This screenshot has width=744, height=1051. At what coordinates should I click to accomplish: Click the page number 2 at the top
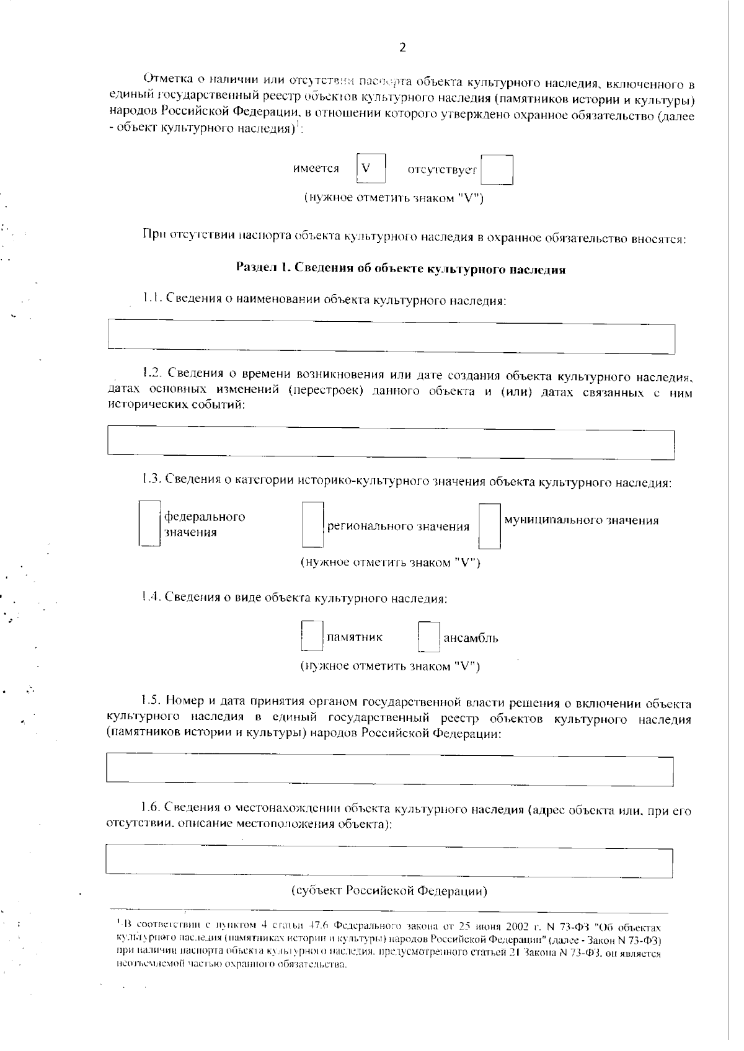click(402, 48)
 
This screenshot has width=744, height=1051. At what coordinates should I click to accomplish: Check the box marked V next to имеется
click(371, 169)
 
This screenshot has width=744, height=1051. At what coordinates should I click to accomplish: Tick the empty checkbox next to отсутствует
click(497, 170)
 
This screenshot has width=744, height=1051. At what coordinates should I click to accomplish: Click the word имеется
click(316, 169)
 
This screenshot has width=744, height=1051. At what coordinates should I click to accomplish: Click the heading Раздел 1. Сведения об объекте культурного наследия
click(401, 269)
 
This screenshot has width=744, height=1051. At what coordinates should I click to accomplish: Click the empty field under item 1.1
click(391, 337)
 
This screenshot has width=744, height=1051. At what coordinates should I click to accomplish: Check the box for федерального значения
click(149, 524)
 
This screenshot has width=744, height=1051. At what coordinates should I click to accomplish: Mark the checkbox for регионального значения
click(312, 525)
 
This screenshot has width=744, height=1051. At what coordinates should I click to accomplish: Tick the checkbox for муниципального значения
click(490, 526)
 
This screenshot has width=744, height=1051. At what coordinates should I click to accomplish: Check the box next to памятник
click(312, 637)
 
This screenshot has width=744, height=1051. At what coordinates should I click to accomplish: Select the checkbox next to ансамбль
click(428, 637)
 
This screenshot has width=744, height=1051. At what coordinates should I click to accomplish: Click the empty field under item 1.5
click(390, 769)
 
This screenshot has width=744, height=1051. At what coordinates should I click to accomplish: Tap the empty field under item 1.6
click(389, 861)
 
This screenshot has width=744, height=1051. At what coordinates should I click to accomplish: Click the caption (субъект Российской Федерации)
click(389, 891)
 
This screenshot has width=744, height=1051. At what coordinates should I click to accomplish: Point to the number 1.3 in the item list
click(151, 479)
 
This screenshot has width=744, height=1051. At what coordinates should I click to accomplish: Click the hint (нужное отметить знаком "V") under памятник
click(390, 667)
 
